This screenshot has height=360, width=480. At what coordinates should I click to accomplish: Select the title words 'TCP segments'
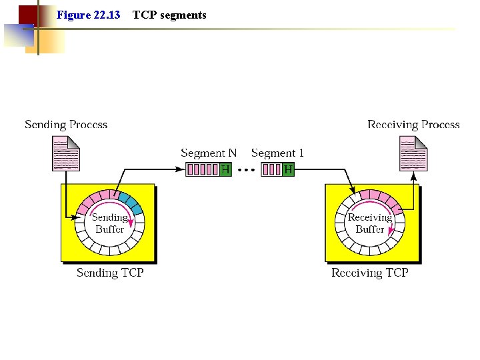point(169,15)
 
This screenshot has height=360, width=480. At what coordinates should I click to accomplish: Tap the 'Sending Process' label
point(66,125)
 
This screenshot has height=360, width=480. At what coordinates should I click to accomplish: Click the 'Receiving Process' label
point(413,125)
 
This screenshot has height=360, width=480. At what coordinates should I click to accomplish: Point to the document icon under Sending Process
point(66,153)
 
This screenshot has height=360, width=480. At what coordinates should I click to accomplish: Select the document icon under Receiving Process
point(413,153)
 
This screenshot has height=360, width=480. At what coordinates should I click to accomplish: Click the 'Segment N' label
point(209,153)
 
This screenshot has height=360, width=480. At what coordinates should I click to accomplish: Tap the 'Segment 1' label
point(277,153)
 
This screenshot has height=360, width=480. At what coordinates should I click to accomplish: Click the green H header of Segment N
point(225,169)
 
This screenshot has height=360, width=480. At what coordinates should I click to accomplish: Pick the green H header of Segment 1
point(288,169)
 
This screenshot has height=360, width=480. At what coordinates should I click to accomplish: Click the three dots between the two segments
point(246,170)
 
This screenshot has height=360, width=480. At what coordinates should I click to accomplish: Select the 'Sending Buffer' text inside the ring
point(109,223)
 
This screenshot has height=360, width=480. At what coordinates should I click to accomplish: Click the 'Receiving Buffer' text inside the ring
point(370,223)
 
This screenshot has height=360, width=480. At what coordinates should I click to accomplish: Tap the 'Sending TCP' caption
point(110,273)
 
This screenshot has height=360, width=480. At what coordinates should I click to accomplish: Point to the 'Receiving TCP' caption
point(370,273)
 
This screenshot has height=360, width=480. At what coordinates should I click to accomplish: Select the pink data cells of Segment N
point(203,169)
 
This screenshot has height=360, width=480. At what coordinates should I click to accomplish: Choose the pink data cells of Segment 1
point(271,169)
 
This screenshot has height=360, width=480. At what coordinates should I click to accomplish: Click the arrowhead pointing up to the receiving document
point(413,177)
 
